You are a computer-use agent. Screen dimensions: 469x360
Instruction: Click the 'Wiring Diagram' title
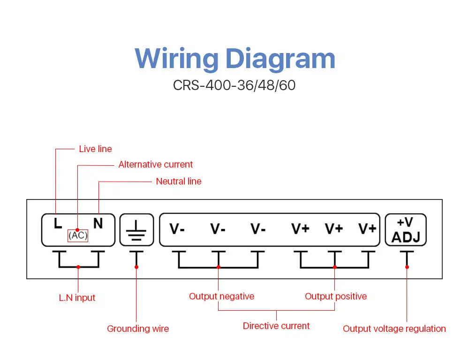click(x=235, y=59)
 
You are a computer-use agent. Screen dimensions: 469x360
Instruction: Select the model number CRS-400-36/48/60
click(x=234, y=85)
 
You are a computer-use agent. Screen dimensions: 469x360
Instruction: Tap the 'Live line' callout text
click(x=95, y=149)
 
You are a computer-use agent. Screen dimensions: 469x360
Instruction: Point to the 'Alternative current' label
click(x=156, y=165)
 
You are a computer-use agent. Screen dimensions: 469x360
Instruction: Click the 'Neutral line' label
click(x=179, y=181)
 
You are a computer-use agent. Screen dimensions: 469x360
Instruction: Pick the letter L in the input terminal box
click(x=58, y=223)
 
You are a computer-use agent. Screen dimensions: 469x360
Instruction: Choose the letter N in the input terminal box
click(x=98, y=223)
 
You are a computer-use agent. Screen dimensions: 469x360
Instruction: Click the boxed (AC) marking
click(x=78, y=235)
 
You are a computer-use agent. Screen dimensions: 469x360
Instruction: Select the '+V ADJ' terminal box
click(x=406, y=230)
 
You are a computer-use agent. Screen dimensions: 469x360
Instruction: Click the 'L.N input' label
click(x=77, y=298)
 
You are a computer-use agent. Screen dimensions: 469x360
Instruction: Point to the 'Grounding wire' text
click(x=138, y=329)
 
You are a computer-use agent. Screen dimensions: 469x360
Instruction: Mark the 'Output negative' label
click(x=222, y=296)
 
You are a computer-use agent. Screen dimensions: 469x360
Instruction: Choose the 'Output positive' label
click(x=336, y=296)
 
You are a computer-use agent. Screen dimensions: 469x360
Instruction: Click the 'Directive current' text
click(x=276, y=326)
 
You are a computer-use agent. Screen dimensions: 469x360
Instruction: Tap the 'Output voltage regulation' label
click(x=394, y=329)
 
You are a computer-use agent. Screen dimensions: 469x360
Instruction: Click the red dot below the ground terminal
click(x=136, y=267)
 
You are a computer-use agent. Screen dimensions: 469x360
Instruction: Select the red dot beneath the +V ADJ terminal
click(x=407, y=267)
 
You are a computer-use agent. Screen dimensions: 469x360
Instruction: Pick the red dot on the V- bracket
click(x=219, y=267)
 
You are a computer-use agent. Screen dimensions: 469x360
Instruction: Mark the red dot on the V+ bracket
click(x=335, y=267)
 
